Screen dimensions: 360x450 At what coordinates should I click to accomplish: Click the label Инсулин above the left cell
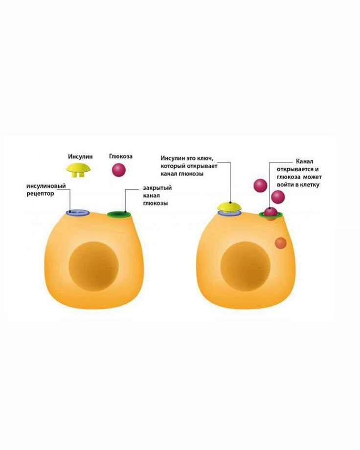coord(80,157)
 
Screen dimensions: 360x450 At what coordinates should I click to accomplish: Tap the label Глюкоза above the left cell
coord(120,157)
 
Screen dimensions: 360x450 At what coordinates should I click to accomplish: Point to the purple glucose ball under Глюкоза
coord(119,170)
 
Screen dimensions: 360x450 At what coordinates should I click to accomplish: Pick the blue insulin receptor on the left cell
coord(77,212)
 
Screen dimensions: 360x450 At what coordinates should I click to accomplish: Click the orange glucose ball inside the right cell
coord(280,243)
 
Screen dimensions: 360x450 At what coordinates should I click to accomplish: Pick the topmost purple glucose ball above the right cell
coord(260,185)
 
